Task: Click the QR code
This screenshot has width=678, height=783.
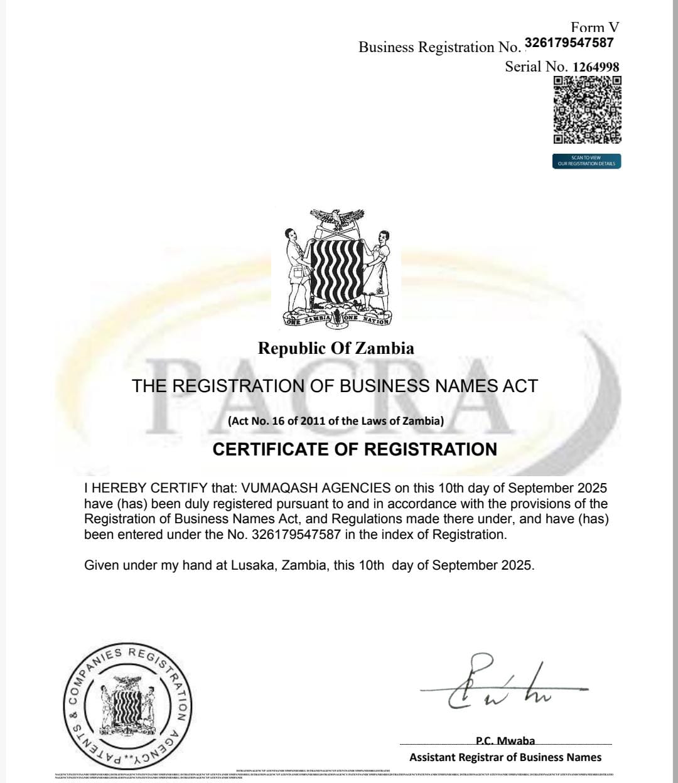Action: (587, 110)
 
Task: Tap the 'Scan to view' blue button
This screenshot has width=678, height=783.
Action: (586, 161)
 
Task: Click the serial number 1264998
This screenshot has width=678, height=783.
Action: (596, 67)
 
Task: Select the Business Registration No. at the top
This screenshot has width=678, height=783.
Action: (569, 43)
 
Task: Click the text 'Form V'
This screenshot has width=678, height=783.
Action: (595, 27)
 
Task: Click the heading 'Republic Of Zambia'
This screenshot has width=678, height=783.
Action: (336, 348)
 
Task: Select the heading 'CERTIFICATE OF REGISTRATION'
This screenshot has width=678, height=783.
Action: (355, 449)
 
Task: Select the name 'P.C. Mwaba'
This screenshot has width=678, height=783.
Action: (505, 741)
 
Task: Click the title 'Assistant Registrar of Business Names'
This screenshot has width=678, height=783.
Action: (505, 757)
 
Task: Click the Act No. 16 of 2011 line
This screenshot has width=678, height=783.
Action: (336, 421)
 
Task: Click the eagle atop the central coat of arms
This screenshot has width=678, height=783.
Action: (337, 220)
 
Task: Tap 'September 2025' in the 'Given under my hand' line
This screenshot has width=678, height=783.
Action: (483, 565)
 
